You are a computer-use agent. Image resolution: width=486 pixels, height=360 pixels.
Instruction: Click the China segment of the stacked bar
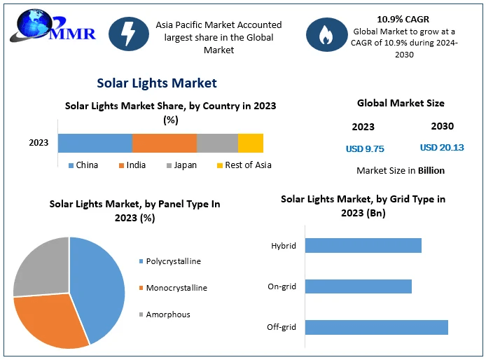[95, 143]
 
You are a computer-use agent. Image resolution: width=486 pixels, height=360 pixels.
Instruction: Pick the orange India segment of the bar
[165, 143]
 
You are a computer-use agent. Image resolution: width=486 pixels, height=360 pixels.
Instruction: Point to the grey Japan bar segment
[217, 143]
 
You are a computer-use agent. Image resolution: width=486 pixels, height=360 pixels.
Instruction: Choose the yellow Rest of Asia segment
[251, 143]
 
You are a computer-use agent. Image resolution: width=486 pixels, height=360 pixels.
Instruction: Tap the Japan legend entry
[180, 165]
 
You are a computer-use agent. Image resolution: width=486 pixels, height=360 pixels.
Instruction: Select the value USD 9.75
[365, 148]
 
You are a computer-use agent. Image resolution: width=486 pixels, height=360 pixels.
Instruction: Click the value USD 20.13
[442, 148]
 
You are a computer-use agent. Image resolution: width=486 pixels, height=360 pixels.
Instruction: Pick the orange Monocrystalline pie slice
[49, 322]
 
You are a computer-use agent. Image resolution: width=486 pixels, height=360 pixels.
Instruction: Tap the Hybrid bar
[363, 245]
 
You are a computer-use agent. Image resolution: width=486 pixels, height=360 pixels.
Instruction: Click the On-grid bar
[359, 286]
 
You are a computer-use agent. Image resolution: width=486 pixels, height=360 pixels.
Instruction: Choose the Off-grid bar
[377, 327]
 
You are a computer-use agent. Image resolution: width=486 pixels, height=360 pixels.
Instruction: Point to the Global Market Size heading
[401, 103]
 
